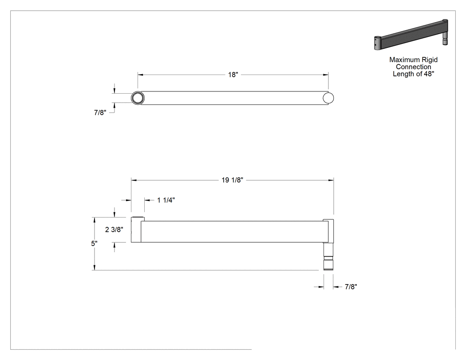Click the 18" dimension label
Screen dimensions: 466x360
coord(233,75)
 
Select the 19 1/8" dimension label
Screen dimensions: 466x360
coord(233,180)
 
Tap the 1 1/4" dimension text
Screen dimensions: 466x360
coord(166,200)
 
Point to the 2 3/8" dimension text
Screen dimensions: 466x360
coord(114,229)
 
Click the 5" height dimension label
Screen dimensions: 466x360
coord(94,243)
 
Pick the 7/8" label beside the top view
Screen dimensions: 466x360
coord(100,113)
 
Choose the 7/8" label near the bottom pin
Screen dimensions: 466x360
coord(351,287)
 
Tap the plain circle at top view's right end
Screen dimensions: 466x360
coord(328,98)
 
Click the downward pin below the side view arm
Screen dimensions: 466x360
coord(328,256)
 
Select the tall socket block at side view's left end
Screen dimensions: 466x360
coord(136,229)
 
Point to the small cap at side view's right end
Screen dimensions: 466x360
coord(328,220)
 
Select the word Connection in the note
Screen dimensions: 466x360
coord(413,67)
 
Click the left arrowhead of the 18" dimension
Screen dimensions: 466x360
coord(140,75)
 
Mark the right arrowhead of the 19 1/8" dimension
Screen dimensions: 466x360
coord(331,180)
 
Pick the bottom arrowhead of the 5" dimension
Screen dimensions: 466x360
coord(94,268)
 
